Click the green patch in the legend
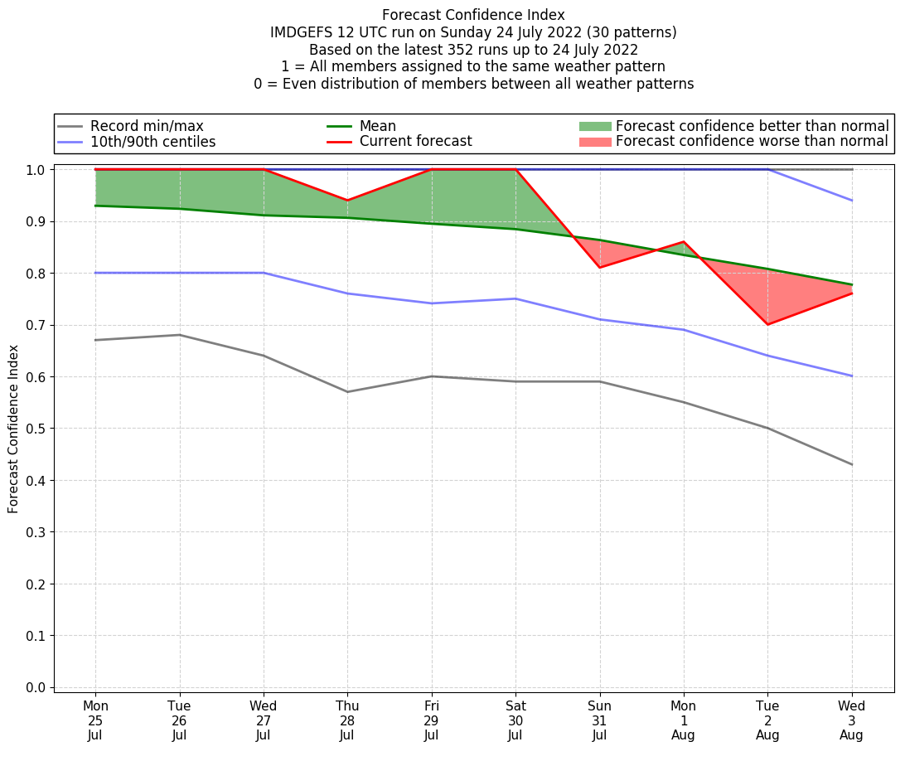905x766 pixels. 594,126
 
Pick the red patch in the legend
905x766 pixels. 594,142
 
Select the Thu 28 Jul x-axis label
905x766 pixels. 347,720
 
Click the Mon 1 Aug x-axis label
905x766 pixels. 684,720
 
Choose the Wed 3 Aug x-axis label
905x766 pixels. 851,720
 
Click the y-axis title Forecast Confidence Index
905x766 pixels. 13,429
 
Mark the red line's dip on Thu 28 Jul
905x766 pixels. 347,201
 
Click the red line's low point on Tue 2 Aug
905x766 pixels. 767,324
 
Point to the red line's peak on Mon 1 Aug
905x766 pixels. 684,242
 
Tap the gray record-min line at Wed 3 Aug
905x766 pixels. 851,464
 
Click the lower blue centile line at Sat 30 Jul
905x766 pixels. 515,298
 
